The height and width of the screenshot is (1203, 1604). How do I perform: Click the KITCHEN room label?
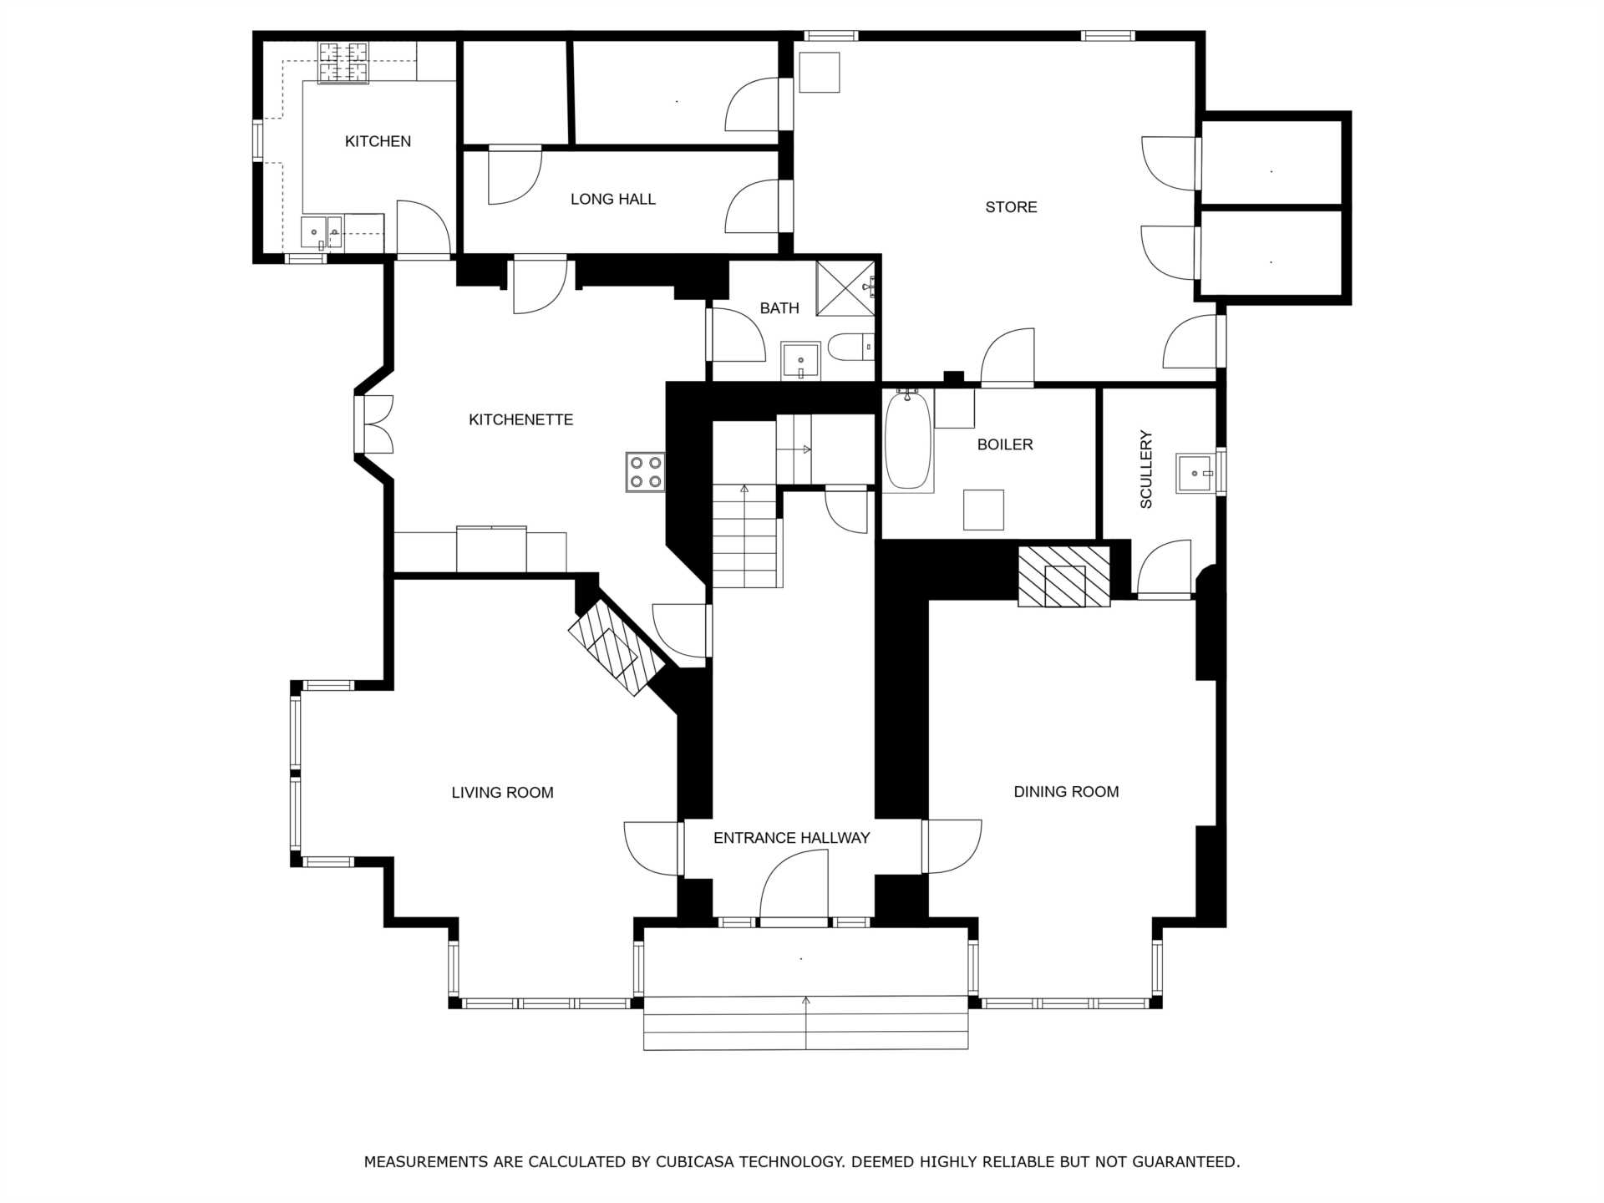(378, 141)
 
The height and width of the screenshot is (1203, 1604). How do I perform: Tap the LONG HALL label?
(613, 199)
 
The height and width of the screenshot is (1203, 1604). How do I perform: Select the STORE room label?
(1011, 207)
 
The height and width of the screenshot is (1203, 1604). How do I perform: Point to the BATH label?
(779, 308)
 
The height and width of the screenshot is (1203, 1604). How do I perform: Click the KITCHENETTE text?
(520, 419)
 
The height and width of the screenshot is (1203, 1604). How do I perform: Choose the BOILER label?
(1005, 444)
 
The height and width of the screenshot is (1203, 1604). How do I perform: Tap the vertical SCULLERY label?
(1146, 470)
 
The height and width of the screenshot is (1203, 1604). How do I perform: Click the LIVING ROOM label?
(502, 793)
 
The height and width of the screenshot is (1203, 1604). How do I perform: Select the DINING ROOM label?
(1066, 792)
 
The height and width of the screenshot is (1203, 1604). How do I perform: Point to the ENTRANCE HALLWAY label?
(791, 838)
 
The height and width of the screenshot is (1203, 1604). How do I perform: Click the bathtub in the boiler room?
(908, 440)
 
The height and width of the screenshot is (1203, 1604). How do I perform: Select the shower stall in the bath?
(845, 288)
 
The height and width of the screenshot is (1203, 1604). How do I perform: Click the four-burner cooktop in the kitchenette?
(645, 471)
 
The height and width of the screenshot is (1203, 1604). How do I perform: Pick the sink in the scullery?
(1195, 474)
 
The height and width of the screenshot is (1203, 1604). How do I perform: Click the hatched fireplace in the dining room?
(1064, 576)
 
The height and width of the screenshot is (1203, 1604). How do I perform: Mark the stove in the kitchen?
(343, 63)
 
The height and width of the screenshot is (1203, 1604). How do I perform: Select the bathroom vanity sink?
(800, 361)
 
